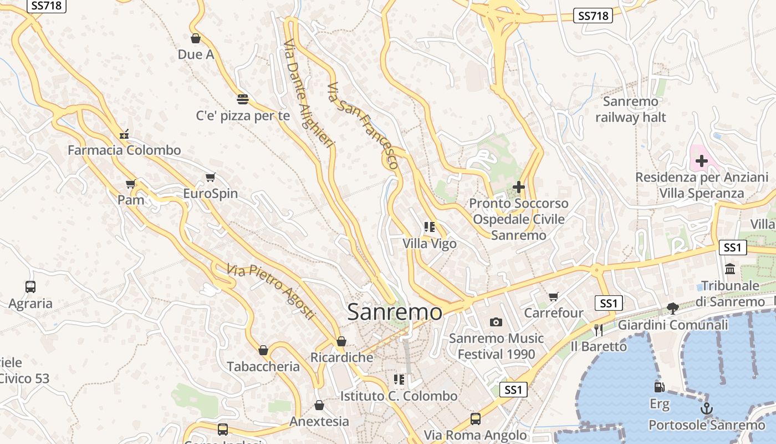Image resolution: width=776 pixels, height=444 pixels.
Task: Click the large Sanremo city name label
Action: [395, 312]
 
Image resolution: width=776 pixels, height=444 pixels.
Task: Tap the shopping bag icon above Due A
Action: [195, 38]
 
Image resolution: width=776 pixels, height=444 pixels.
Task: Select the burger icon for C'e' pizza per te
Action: [243, 99]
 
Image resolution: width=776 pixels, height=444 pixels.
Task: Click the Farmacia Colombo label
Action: [124, 150]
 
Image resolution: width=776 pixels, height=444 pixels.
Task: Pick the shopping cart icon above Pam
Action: [131, 184]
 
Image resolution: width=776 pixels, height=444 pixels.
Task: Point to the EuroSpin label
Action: [211, 194]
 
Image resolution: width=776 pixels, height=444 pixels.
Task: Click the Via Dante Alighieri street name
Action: [309, 93]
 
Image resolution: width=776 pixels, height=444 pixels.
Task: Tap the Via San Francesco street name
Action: [363, 125]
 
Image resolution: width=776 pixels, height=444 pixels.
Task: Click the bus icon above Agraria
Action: [30, 287]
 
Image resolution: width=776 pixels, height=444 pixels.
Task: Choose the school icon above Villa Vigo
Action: [429, 227]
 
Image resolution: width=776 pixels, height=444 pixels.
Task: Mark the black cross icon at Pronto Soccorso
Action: [519, 187]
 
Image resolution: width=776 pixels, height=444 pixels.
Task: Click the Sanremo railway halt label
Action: [631, 109]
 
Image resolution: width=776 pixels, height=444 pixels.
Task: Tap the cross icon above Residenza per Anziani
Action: [702, 161]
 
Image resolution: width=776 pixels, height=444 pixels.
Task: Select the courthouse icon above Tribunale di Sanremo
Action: [730, 269]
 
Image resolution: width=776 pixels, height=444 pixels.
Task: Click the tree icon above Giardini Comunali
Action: [673, 308]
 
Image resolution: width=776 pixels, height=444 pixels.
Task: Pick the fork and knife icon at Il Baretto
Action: [598, 330]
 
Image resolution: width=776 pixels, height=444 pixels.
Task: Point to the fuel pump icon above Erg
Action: [659, 387]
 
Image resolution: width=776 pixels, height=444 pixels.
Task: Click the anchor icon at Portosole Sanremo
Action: [707, 409]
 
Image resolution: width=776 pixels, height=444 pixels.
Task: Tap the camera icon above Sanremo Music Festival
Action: [496, 322]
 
